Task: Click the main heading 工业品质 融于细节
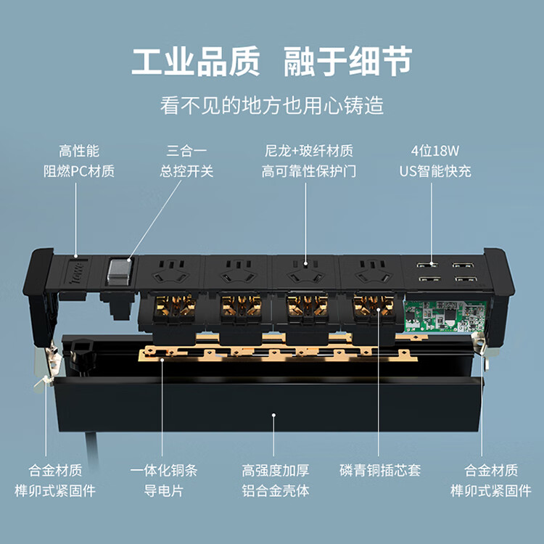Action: [272, 62]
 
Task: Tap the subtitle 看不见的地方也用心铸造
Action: [272, 105]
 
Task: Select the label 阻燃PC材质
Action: [79, 171]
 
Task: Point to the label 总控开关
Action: [186, 171]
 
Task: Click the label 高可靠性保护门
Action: [309, 171]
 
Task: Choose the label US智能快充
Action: [435, 171]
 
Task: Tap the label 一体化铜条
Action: [164, 471]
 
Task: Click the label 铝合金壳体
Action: [275, 491]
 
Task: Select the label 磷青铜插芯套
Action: [380, 471]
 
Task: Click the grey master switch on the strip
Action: [120, 272]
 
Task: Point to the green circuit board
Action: [446, 316]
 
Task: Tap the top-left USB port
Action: [426, 265]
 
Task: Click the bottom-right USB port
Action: [466, 279]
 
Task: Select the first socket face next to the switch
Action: [170, 272]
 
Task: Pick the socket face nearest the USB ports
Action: [371, 272]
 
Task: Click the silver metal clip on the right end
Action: [483, 348]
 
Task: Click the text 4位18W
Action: [435, 151]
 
